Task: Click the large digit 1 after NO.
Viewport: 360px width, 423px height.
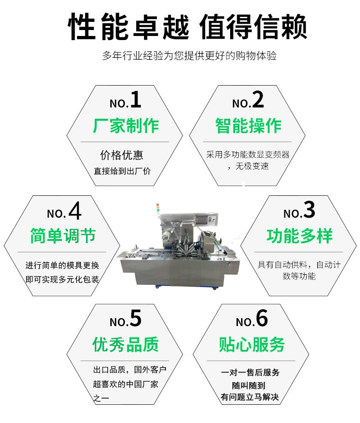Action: [136, 100]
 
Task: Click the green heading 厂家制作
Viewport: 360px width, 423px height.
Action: [126, 125]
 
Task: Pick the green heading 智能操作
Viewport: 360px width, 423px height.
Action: [248, 125]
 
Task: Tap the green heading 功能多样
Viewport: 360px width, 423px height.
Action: [299, 236]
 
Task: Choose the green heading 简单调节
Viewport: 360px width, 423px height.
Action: [63, 236]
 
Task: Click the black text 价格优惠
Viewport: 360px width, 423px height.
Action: [122, 155]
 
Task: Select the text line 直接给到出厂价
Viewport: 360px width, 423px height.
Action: [122, 171]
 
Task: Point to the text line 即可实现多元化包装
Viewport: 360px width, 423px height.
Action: [62, 279]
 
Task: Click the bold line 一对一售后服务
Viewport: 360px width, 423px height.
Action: [250, 372]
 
